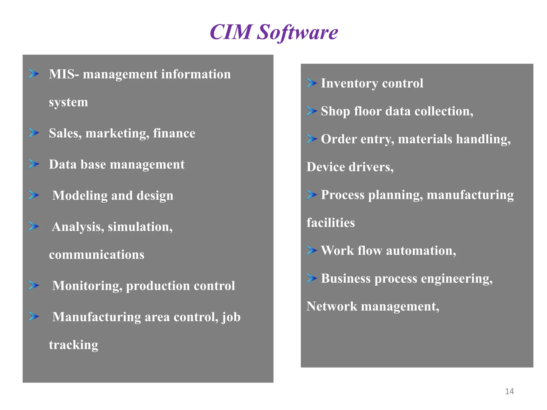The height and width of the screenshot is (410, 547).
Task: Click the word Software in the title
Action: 297,32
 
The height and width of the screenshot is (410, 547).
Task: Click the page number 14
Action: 509,391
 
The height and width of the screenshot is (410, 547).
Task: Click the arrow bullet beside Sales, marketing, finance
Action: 34,133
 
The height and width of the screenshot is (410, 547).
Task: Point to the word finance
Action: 174,133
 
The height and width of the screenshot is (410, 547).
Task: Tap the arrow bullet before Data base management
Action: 34,164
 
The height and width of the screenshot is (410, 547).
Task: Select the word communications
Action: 96,255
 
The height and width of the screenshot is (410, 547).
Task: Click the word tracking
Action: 73,345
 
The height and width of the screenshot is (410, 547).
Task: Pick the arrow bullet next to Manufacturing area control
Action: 34,317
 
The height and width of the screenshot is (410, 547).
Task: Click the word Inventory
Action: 349,83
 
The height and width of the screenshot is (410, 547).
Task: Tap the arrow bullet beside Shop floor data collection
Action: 311,111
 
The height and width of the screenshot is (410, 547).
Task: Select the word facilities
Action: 330,223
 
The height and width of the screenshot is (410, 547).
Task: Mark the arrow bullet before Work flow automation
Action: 311,250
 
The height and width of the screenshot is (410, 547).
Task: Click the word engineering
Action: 457,279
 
